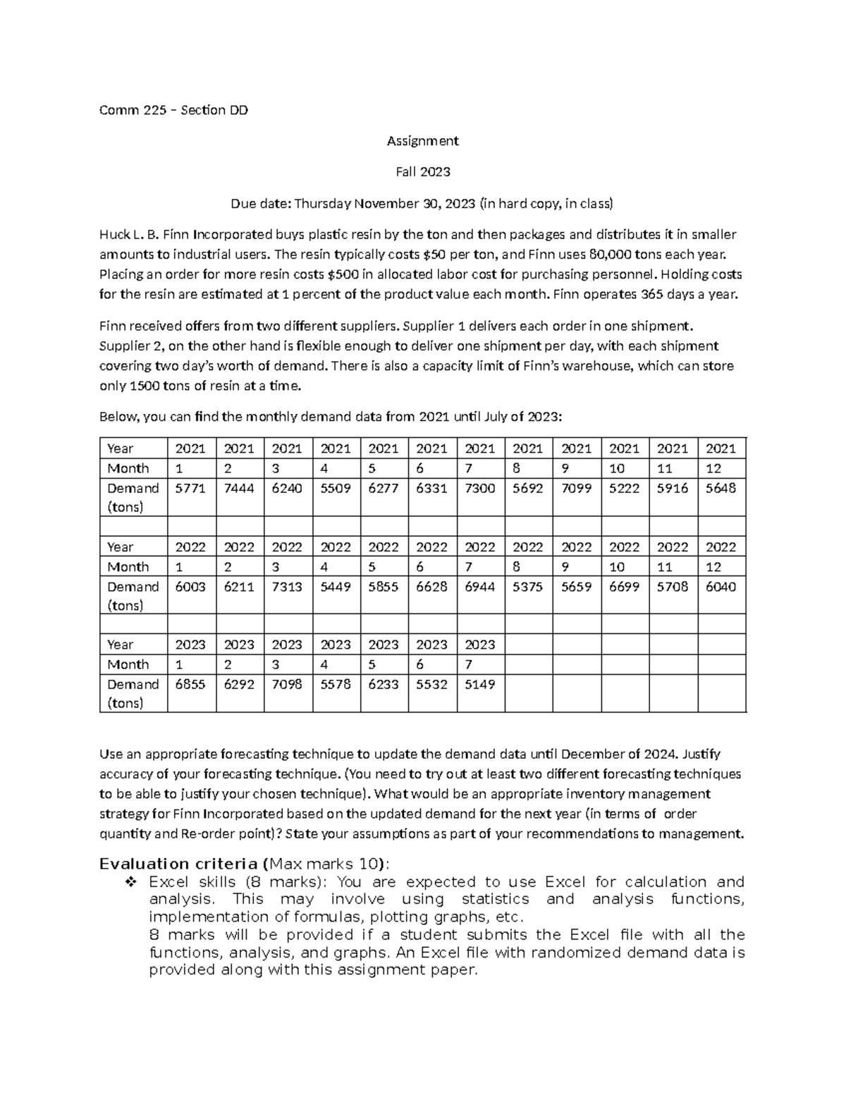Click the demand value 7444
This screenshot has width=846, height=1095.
tap(238, 488)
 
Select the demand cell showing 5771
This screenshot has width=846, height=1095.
tap(190, 488)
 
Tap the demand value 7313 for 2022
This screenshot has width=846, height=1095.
tap(286, 587)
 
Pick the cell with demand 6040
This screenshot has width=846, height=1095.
tap(721, 587)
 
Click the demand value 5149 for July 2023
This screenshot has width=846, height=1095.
tap(479, 684)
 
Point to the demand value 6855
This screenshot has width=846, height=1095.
tap(190, 684)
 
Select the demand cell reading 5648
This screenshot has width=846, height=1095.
tap(721, 488)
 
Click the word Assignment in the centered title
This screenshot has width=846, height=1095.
tap(422, 141)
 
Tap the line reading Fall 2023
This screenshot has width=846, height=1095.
tap(422, 172)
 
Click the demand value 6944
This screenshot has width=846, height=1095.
tap(479, 587)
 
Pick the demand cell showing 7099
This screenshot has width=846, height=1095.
tap(576, 488)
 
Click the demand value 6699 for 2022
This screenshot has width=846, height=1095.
tap(624, 587)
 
